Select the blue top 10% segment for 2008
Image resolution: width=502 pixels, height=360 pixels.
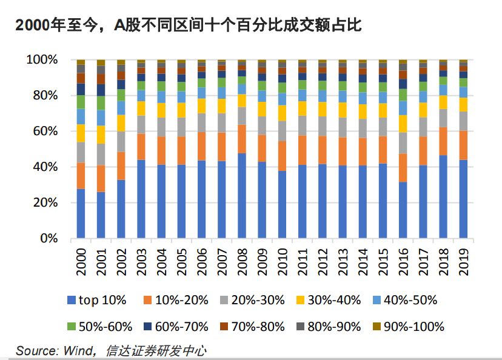[242, 195]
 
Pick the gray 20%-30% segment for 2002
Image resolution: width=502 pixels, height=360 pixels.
[121, 141]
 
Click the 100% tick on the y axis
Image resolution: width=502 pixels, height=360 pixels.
[42, 60]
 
